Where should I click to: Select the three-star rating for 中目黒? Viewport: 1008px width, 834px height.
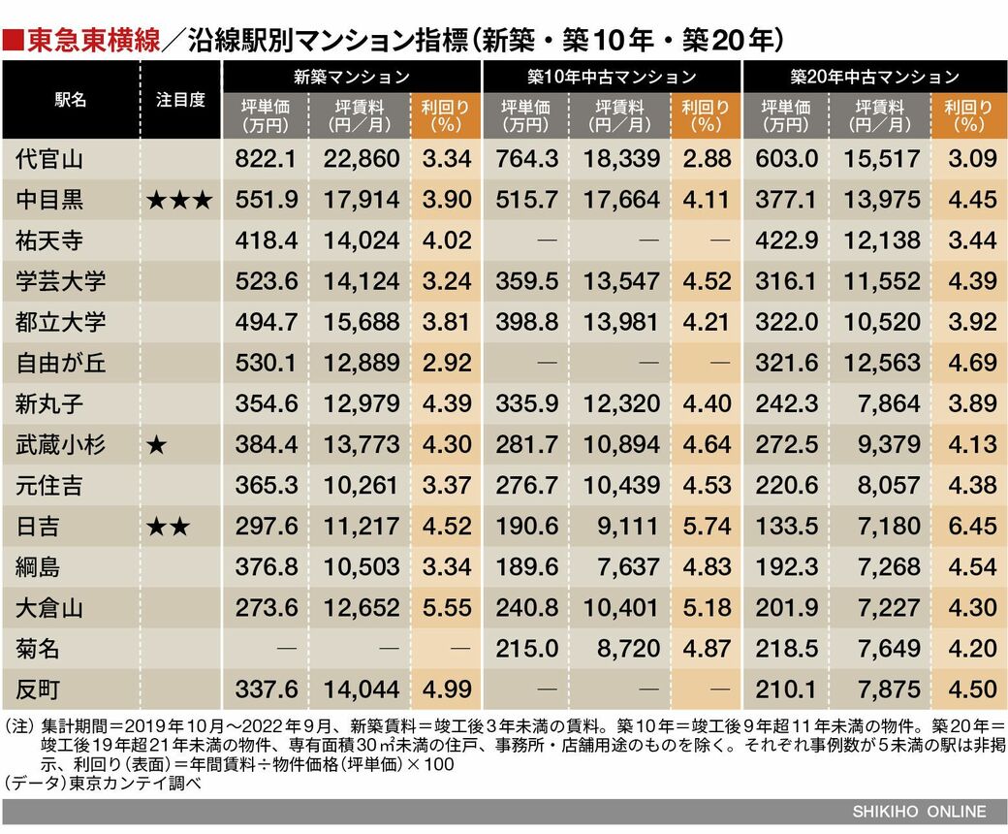tap(178, 200)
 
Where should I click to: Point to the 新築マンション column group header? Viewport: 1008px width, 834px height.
tap(352, 76)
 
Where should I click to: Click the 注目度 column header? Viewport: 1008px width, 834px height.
tap(180, 100)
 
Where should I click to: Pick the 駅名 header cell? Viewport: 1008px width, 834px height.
tap(71, 100)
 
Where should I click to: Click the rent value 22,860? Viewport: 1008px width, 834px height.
tap(361, 159)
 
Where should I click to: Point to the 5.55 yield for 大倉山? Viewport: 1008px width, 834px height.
tap(447, 608)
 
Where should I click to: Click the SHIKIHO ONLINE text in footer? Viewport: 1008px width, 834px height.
tap(919, 812)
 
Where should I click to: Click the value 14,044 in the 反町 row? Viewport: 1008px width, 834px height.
tap(361, 690)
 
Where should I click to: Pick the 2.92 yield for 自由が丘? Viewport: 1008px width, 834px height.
tap(447, 363)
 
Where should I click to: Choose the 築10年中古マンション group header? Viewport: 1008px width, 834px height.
tap(612, 76)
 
